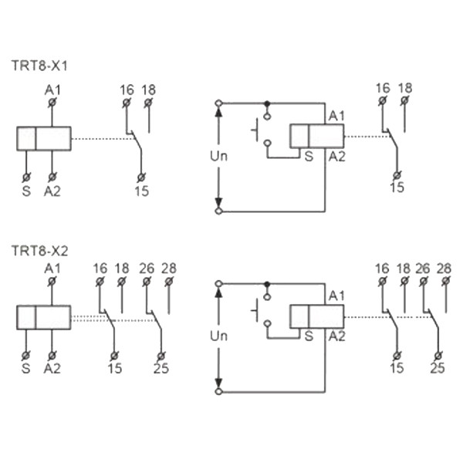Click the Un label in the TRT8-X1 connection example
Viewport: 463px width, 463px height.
(219, 155)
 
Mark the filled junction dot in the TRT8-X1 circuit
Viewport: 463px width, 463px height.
(267, 103)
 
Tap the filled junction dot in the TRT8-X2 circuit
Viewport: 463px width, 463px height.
(267, 283)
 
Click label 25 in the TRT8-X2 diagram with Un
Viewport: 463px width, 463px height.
(438, 368)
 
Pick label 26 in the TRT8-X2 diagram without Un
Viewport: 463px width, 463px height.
(147, 268)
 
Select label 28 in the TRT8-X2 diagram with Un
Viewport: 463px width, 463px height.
(444, 268)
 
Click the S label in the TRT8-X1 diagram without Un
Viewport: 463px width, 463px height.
(25, 190)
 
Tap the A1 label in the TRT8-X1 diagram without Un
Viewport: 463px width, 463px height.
(52, 90)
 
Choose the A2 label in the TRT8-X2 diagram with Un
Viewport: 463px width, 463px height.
(336, 336)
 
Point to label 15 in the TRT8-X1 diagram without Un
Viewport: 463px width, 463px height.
(140, 190)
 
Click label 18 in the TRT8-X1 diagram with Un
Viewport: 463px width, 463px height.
(405, 88)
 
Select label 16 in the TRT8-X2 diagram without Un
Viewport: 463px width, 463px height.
(100, 268)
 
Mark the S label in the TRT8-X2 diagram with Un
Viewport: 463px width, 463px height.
(308, 336)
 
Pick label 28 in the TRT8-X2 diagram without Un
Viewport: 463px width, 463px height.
(169, 268)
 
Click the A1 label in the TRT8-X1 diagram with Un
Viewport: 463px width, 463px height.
(336, 115)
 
